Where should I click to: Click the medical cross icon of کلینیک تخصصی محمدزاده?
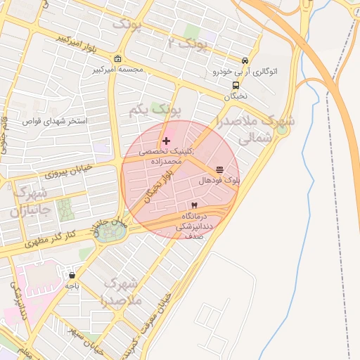click(166, 141)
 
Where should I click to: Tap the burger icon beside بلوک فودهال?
click(220, 169)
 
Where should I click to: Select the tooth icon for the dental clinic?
click(195, 205)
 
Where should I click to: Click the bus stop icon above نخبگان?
click(235, 85)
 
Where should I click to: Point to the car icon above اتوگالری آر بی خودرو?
click(244, 61)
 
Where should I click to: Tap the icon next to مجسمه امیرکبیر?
click(117, 59)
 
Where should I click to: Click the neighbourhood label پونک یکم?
click(155, 110)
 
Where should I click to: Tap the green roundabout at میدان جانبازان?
click(108, 231)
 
